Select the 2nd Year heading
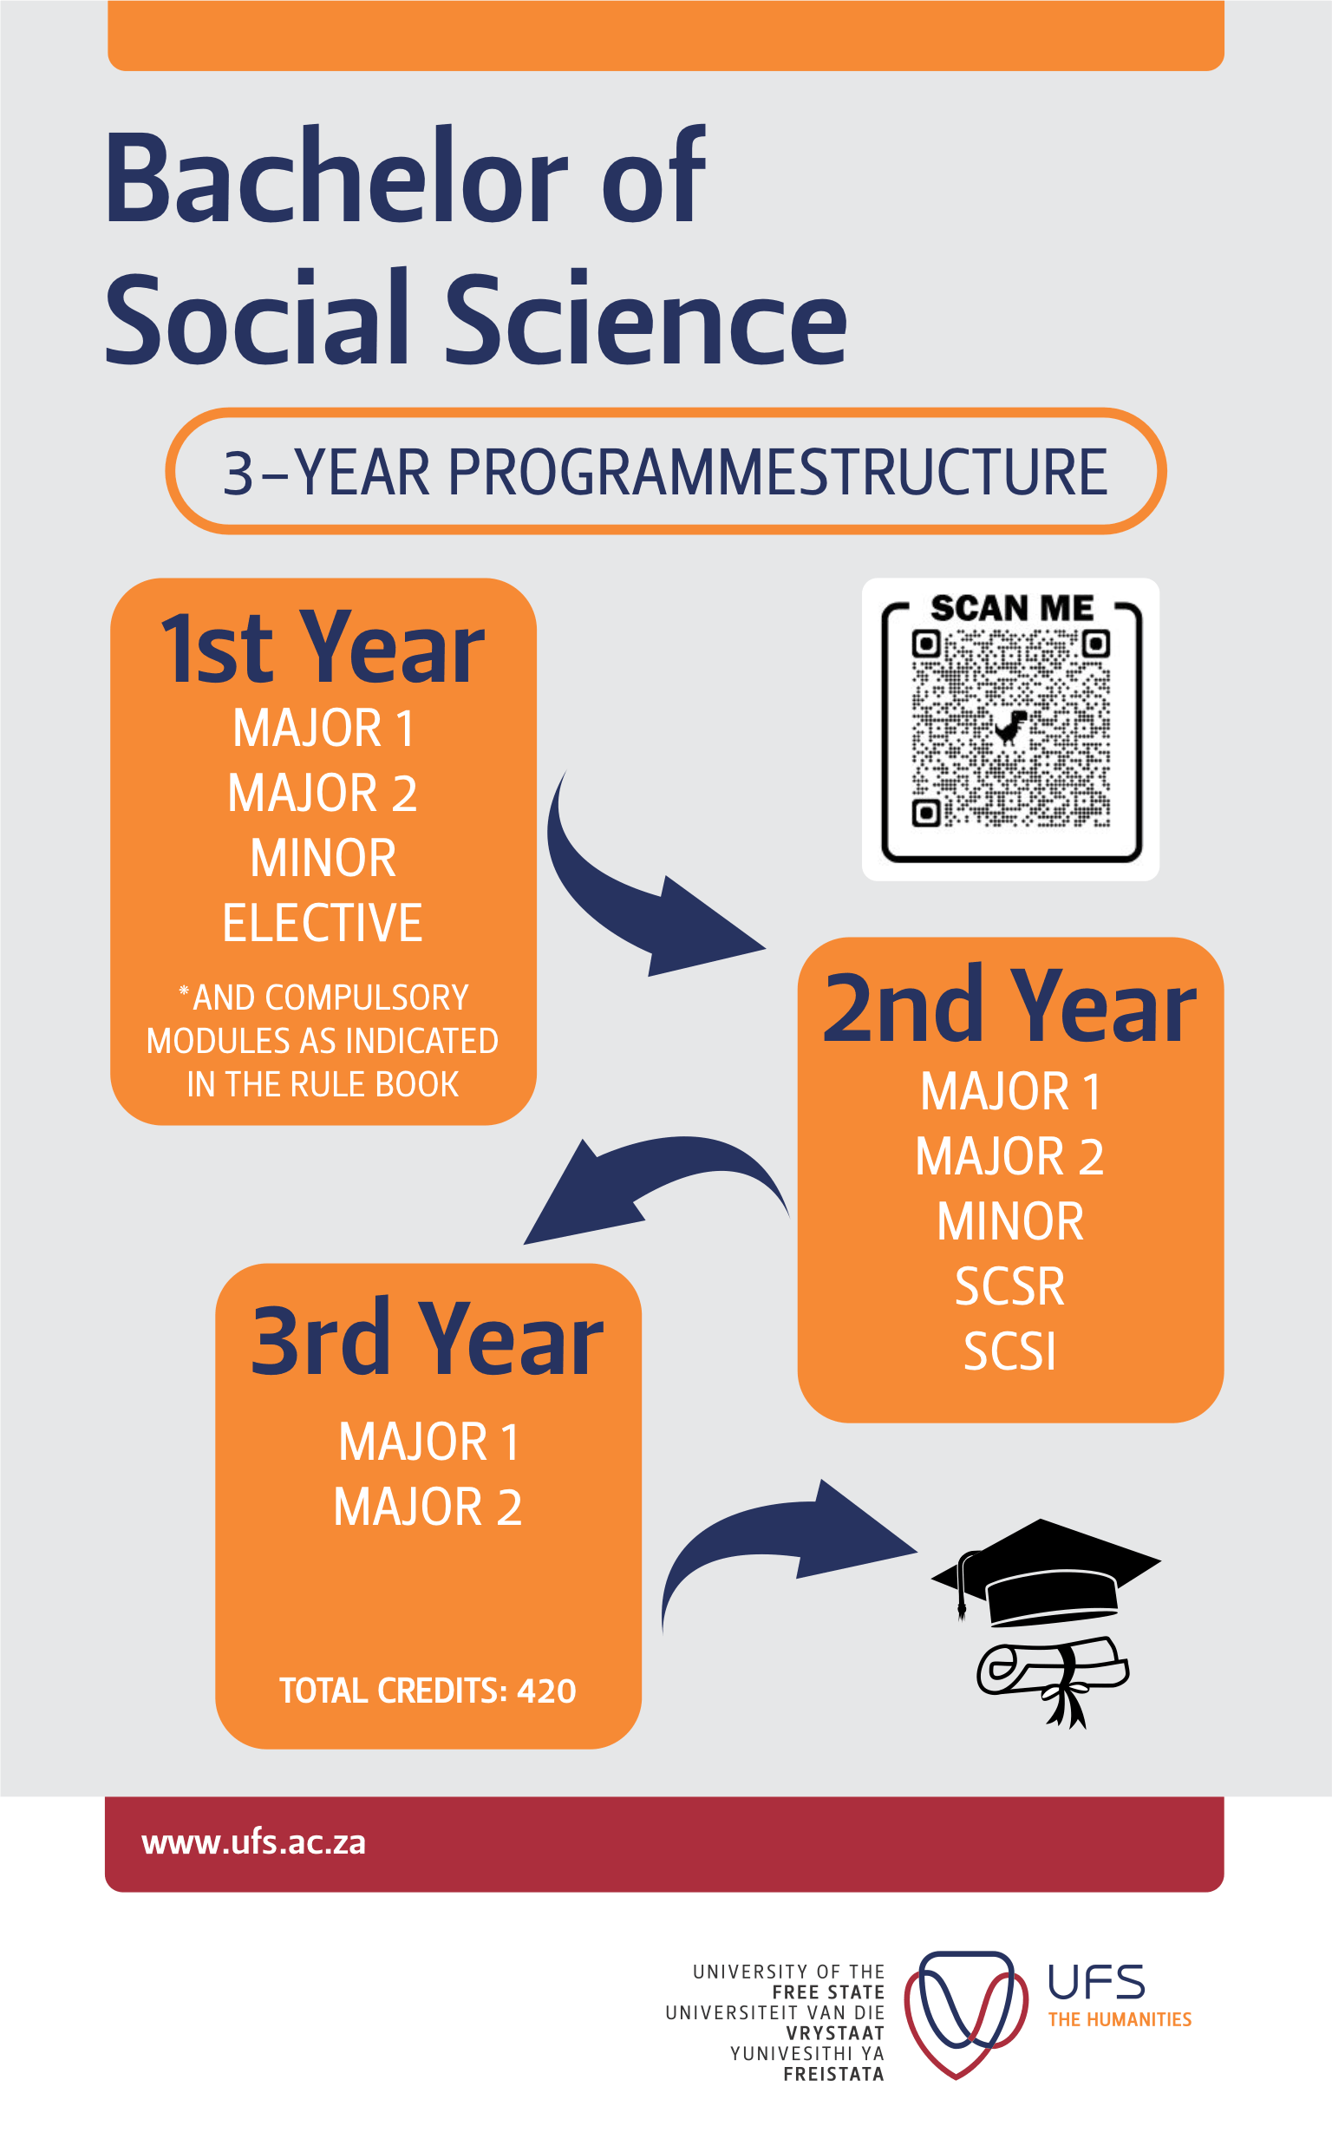point(1009,1007)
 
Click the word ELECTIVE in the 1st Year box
point(323,923)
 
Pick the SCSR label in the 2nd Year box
point(1009,1287)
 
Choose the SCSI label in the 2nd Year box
point(1009,1352)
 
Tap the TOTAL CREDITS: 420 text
point(428,1691)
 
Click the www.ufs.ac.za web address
point(254,1842)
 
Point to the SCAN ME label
point(1011,609)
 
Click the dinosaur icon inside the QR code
point(1010,728)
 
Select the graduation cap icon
point(1046,1574)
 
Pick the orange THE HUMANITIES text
point(1119,2019)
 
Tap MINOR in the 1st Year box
point(323,858)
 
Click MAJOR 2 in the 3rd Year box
point(428,1508)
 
